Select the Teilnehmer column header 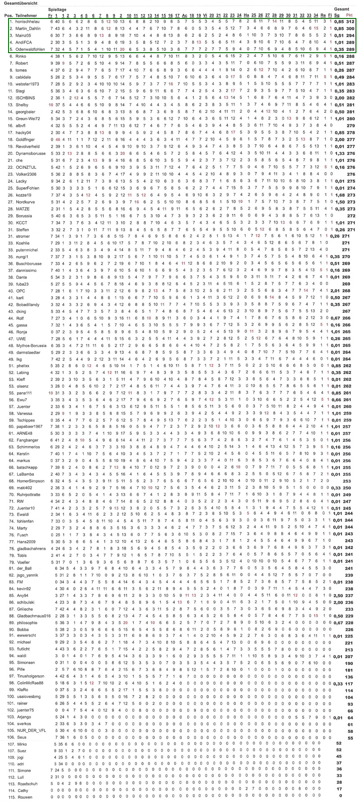pyautogui.click(x=25, y=16)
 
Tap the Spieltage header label pyautogui.click(x=57, y=9)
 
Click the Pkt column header pyautogui.click(x=349, y=16)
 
